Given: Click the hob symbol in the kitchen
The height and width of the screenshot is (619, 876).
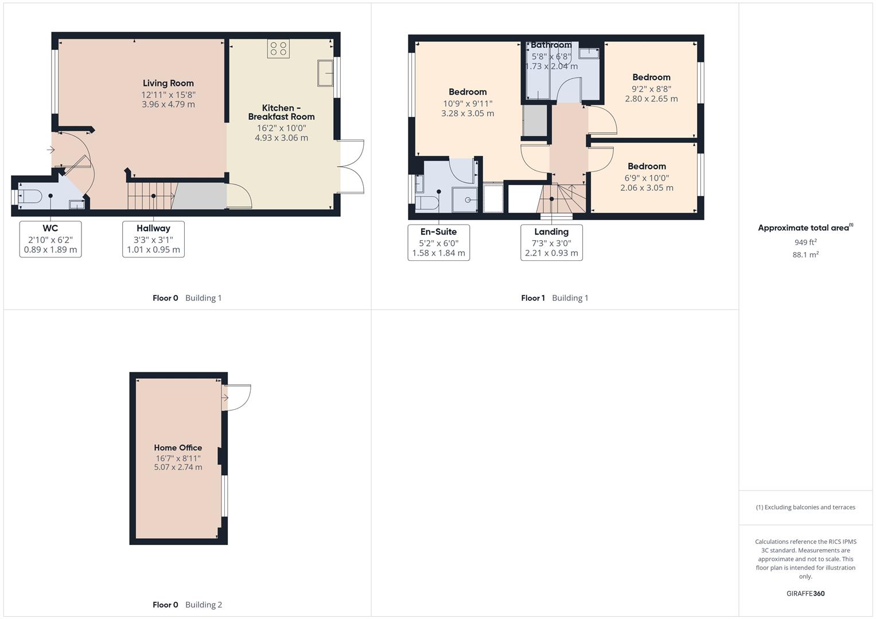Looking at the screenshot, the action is click(278, 49).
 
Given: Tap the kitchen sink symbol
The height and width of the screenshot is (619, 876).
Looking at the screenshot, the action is click(325, 73).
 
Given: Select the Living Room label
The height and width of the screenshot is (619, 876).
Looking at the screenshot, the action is click(168, 83).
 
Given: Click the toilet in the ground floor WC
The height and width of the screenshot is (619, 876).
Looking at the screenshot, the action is click(30, 197).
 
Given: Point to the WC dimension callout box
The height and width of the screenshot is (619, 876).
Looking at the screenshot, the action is click(50, 239).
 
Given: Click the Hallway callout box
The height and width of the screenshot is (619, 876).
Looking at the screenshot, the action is click(153, 239).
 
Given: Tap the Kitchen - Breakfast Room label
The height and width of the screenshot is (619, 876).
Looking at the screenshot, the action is click(281, 112).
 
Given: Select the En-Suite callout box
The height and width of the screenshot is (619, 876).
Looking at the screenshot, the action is click(438, 242).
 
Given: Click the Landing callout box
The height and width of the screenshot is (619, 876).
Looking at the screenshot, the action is click(551, 242).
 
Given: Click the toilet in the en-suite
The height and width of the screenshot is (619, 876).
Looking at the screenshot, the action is click(428, 203).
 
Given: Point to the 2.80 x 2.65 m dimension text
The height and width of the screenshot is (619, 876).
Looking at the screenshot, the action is click(651, 99).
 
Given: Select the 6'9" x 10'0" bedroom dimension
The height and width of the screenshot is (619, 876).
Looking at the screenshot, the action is click(647, 178).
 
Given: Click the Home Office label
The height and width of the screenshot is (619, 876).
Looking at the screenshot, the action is click(178, 448).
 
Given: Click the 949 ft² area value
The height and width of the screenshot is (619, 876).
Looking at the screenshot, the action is click(805, 242).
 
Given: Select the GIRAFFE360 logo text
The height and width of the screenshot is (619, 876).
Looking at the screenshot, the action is click(805, 593).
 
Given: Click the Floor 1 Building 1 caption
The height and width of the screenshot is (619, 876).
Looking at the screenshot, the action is click(554, 297).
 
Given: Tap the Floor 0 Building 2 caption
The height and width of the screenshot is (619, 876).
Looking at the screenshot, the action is click(187, 605).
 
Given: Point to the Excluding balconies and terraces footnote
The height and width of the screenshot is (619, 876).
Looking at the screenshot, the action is click(805, 507).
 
